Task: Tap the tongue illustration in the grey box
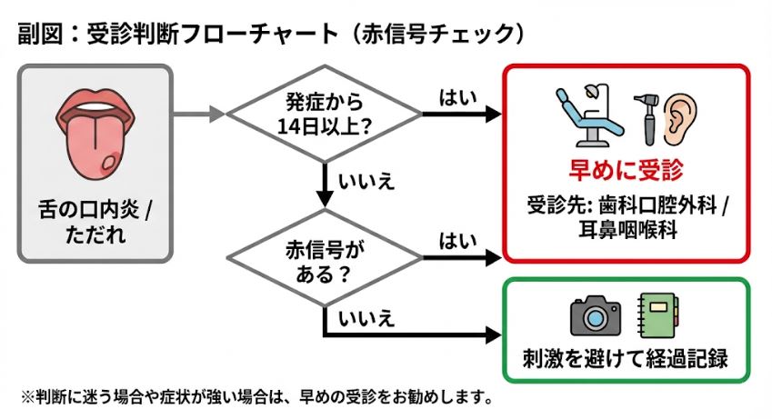point(95,135)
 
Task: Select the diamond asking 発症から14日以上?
point(324,115)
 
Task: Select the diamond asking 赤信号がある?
point(324,258)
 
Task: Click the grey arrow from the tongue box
point(199,115)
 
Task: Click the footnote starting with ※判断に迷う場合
point(255,397)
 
